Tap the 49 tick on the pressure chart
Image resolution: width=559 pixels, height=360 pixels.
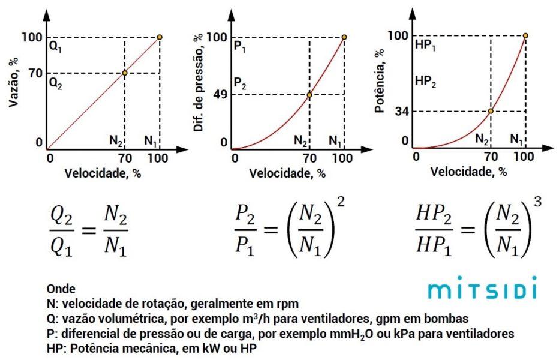[x=219, y=95]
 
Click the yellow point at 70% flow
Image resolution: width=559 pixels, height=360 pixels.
[x=125, y=73]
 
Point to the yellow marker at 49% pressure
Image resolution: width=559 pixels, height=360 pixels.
[x=309, y=95]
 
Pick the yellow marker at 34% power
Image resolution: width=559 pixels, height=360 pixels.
[x=491, y=111]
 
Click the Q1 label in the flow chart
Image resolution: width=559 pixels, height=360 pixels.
[x=56, y=47]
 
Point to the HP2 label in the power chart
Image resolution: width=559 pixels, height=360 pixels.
[x=425, y=82]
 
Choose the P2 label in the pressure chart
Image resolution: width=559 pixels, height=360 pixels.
[x=240, y=83]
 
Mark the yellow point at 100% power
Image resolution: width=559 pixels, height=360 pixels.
[x=525, y=35]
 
